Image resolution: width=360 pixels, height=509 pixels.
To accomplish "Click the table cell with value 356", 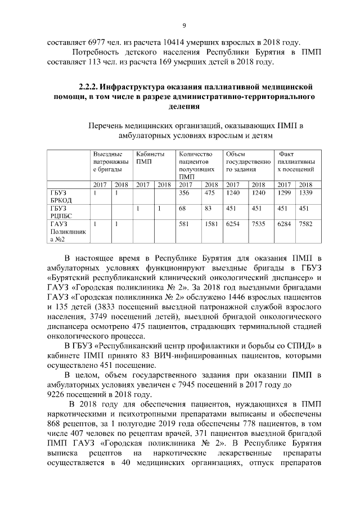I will click(183, 193).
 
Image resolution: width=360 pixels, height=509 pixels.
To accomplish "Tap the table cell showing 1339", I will click(305, 193).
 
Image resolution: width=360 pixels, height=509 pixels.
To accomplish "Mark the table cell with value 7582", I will click(305, 224).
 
